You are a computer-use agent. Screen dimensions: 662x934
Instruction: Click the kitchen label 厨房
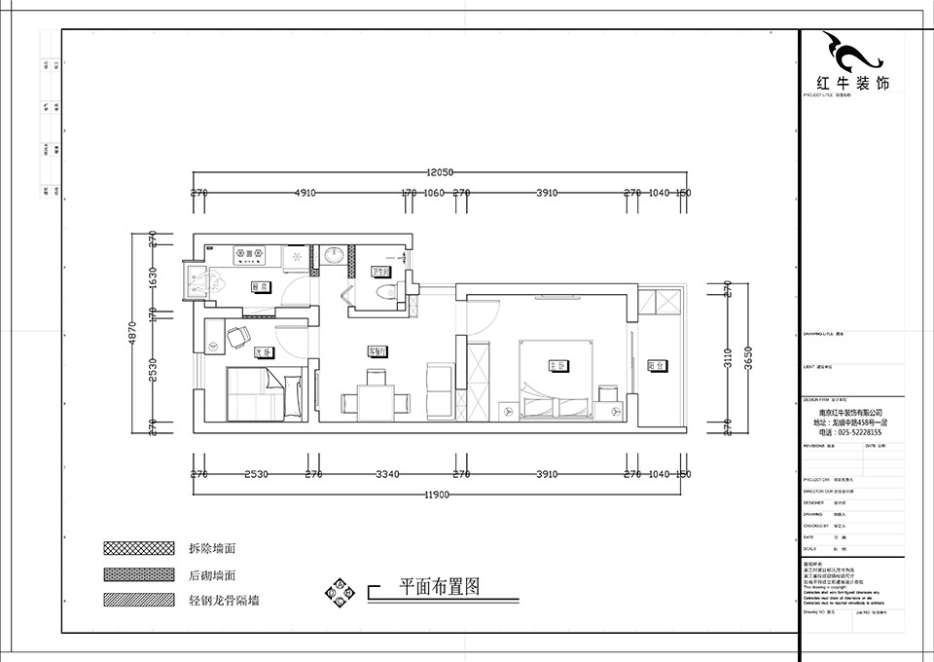260,287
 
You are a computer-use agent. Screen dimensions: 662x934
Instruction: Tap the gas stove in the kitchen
250,254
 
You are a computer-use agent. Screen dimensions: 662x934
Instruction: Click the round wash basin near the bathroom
335,254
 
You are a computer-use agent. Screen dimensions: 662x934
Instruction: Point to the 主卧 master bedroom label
557,365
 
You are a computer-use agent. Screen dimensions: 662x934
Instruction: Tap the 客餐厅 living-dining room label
377,350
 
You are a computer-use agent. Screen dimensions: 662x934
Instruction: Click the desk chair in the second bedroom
236,336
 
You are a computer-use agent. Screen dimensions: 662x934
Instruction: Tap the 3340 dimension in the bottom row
387,474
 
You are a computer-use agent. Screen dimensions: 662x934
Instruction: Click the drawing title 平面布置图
441,587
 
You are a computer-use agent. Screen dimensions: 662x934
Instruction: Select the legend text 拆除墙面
213,549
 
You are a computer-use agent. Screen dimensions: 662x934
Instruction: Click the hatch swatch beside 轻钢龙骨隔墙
136,600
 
